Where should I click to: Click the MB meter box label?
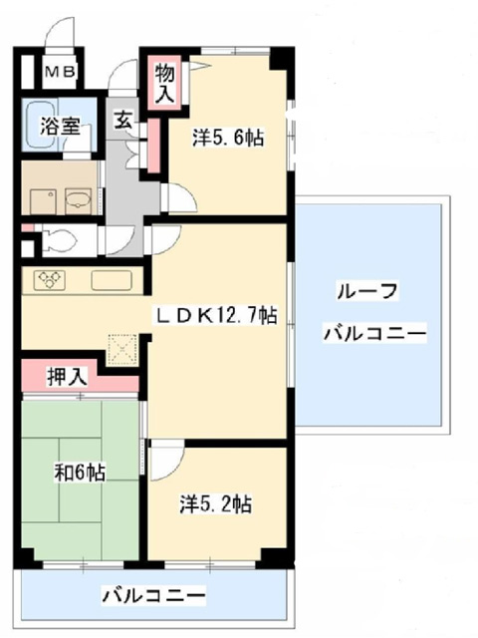[60, 72]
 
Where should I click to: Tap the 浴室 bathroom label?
[60, 126]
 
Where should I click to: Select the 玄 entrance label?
[123, 120]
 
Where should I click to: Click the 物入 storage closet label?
[164, 84]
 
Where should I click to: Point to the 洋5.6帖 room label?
[228, 138]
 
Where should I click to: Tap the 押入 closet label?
[67, 377]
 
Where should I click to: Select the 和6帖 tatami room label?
[80, 473]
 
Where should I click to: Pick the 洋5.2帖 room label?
[216, 504]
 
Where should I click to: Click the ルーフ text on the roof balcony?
[367, 291]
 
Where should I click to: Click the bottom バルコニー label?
[153, 596]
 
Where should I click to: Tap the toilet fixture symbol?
[60, 239]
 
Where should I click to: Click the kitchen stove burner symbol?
[49, 280]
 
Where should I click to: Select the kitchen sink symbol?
[112, 280]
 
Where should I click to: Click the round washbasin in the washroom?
[79, 200]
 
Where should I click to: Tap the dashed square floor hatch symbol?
[121, 349]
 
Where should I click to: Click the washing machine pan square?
[43, 201]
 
